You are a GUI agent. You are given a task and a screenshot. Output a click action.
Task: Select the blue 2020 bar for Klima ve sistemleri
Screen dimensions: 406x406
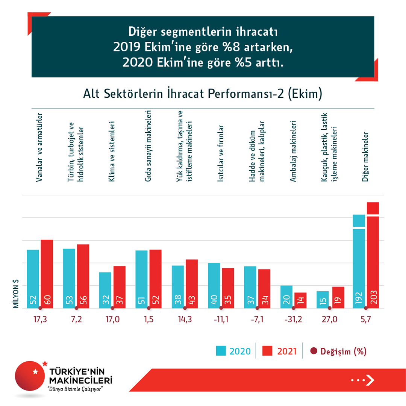(105, 290)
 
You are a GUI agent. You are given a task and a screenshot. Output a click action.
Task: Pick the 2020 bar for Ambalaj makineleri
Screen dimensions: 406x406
(286, 297)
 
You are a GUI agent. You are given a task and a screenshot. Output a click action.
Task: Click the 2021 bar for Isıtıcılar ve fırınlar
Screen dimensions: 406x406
(228, 288)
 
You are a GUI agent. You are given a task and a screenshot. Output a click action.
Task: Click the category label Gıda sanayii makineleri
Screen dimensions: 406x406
(148, 146)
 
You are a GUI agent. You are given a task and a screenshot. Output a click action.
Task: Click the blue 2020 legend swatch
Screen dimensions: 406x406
(221, 351)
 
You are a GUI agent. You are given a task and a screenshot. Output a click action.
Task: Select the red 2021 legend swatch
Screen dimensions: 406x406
(267, 351)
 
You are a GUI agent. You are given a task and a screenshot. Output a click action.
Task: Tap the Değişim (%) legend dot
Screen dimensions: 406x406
(314, 351)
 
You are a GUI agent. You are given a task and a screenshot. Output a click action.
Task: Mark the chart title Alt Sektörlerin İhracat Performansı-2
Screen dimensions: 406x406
(203, 94)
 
